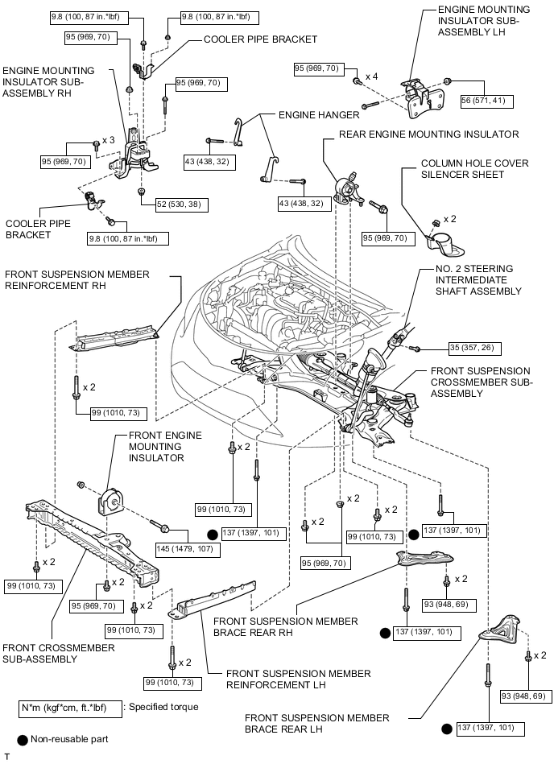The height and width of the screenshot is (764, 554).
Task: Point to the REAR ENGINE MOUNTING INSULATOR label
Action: pyautogui.click(x=429, y=134)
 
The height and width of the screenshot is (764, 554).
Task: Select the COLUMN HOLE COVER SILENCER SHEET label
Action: pyautogui.click(x=475, y=168)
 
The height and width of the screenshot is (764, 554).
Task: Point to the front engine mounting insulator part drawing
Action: pyautogui.click(x=110, y=506)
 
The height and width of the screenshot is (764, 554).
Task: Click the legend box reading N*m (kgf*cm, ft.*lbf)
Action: pyautogui.click(x=69, y=707)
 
